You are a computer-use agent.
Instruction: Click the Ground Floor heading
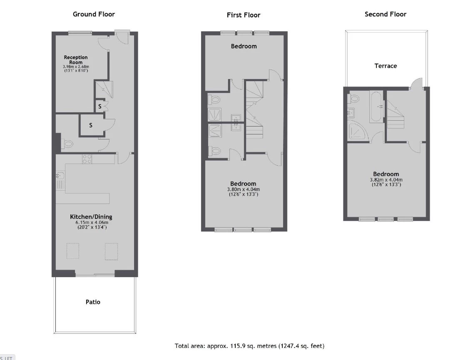pyautogui.click(x=94, y=14)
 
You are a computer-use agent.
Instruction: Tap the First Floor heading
pyautogui.click(x=243, y=15)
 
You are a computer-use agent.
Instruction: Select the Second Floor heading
pyautogui.click(x=386, y=14)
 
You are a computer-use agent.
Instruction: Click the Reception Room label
pyautogui.click(x=76, y=60)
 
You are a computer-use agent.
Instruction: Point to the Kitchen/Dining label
pyautogui.click(x=91, y=217)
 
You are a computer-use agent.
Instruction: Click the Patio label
pyautogui.click(x=93, y=302)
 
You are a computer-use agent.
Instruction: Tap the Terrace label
pyautogui.click(x=386, y=66)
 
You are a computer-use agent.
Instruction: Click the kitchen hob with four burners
pyautogui.click(x=87, y=159)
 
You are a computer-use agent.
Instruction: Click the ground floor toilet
pyautogui.click(x=68, y=144)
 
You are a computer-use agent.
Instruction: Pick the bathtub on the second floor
pyautogui.click(x=376, y=106)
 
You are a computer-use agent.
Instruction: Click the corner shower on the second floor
pyautogui.click(x=358, y=132)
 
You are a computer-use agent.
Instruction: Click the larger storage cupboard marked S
pyautogui.click(x=92, y=125)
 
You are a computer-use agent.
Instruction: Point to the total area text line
pyautogui.click(x=249, y=346)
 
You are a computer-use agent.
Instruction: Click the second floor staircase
pyautogui.click(x=395, y=114)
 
